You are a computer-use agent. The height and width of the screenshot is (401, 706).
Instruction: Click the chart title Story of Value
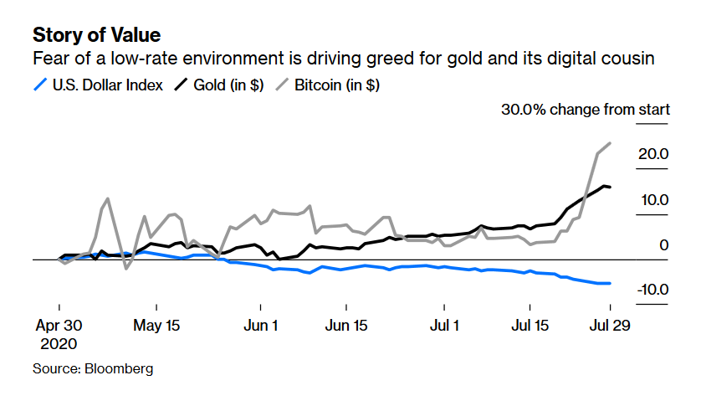tap(96, 35)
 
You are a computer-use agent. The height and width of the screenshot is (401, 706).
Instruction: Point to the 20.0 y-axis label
tap(652, 154)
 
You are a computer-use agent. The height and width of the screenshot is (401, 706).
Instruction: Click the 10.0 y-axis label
tap(652, 200)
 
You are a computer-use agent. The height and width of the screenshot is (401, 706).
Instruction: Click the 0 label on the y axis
tap(663, 245)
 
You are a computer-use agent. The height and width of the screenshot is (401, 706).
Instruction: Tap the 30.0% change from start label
tap(585, 110)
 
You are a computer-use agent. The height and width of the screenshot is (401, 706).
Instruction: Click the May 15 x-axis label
tap(158, 325)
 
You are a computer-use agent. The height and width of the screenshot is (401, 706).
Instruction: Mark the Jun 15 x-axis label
tap(347, 325)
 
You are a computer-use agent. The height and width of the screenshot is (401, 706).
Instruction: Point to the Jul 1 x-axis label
tap(443, 325)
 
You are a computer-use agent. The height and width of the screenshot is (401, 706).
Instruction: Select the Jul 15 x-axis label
tap(531, 325)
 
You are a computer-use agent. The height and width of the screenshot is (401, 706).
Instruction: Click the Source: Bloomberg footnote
tap(93, 368)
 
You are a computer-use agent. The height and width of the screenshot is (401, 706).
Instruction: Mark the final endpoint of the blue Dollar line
tap(610, 284)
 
